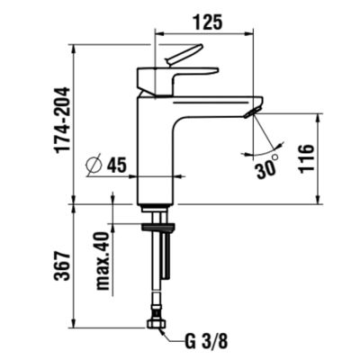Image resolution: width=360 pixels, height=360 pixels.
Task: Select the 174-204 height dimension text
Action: point(61,121)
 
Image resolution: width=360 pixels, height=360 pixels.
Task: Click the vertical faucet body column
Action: point(154,153)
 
